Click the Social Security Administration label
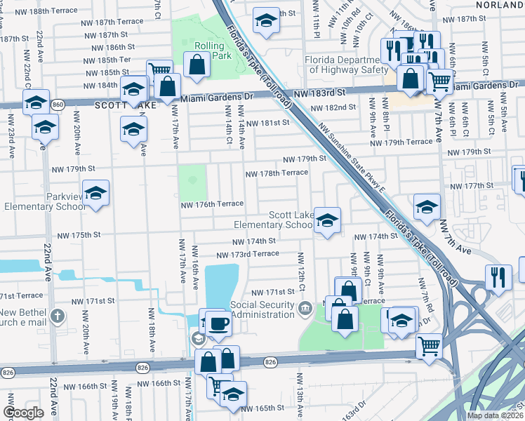coord(262,309)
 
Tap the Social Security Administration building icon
coord(305,308)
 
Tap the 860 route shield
coord(58,104)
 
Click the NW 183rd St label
coord(321,93)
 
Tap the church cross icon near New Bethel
coord(57,317)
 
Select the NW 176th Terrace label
coord(212,204)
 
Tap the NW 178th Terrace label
coord(276,173)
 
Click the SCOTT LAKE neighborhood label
coord(126,105)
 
